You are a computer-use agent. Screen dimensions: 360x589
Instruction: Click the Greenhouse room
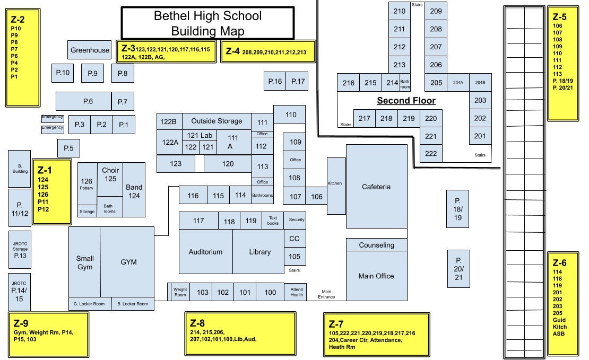90,50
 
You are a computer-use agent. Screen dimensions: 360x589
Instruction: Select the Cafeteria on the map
376,187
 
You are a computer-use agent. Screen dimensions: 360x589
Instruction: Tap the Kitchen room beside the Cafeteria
335,183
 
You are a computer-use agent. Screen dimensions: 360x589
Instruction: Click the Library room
259,252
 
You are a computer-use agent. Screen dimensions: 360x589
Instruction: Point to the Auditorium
205,252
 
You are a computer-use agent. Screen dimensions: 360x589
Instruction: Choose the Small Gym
85,262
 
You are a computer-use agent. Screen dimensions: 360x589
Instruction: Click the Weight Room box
180,292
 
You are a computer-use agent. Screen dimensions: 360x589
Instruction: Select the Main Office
376,276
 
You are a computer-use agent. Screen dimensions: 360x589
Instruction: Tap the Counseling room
376,245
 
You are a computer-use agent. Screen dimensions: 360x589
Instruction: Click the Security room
297,220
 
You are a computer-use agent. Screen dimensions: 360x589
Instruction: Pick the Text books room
273,220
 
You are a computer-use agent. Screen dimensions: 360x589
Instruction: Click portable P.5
68,148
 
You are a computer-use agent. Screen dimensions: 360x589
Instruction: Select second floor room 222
431,154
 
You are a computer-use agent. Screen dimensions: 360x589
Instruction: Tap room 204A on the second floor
458,83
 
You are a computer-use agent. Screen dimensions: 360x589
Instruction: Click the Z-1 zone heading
44,171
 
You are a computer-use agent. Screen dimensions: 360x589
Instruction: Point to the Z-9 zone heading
21,323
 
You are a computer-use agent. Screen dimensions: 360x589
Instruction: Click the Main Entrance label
326,294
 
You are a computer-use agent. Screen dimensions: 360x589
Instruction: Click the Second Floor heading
406,101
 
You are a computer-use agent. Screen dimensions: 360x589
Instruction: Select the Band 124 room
134,191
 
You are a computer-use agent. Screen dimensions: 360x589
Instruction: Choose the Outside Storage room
216,121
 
